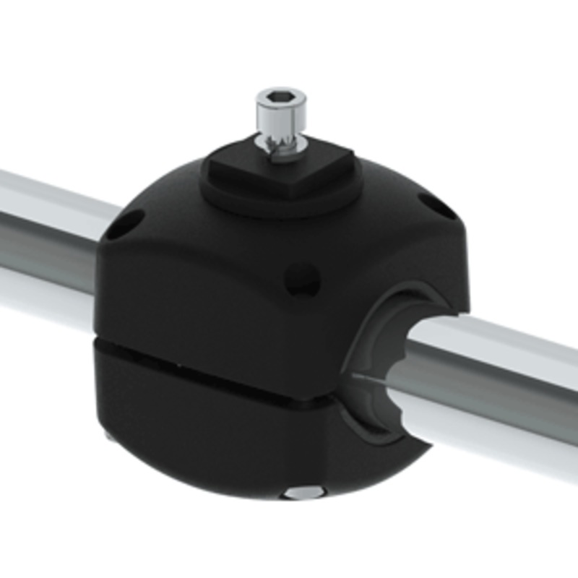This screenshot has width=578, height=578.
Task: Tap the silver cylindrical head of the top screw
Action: click(x=280, y=116)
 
